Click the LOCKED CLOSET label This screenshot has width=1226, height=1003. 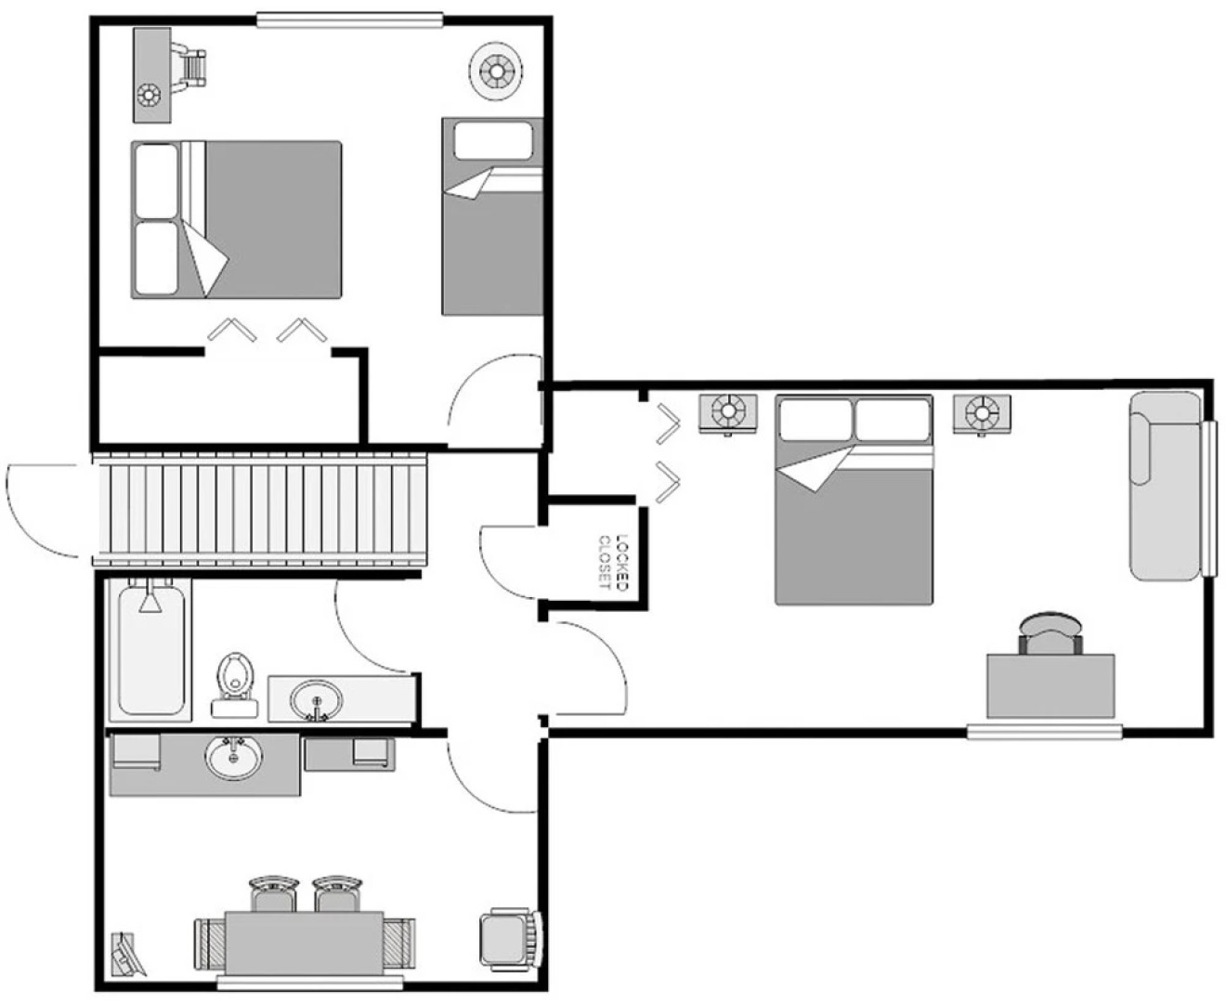coord(614,562)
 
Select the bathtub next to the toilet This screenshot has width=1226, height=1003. coord(150,648)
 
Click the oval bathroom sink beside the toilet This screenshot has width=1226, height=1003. coord(316,699)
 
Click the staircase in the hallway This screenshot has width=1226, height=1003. coord(260,508)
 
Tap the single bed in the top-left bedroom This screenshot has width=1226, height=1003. coord(491,215)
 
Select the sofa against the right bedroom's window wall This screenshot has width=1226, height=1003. coord(1163,486)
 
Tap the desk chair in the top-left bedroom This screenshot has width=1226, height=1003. coord(192,66)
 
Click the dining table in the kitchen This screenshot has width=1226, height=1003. coord(304,943)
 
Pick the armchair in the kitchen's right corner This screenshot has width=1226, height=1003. coord(508,938)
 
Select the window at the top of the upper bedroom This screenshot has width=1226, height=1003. coord(349,20)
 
